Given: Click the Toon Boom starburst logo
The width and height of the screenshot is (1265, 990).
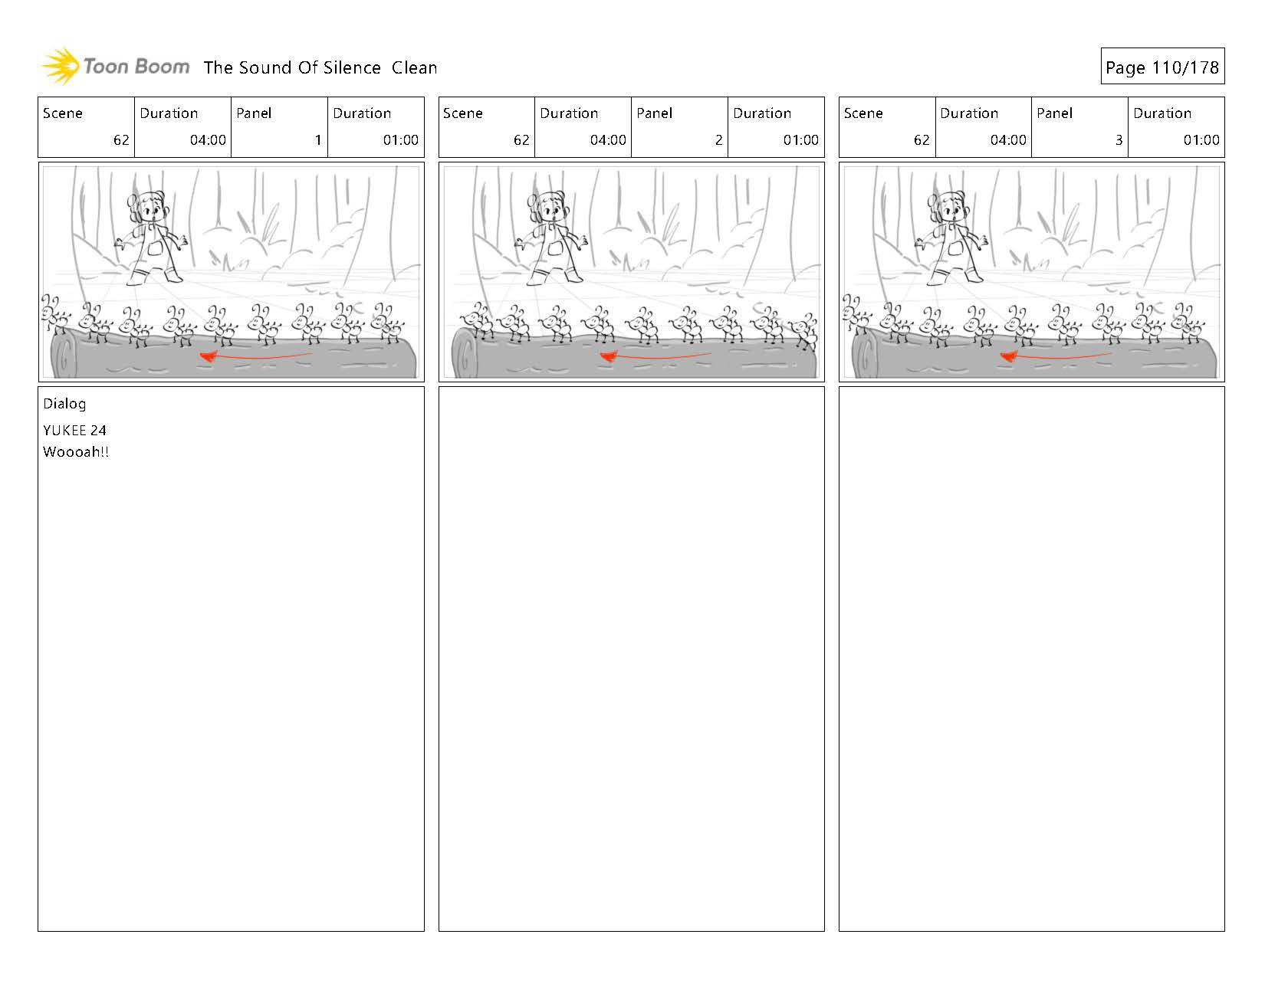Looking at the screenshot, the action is coord(60,66).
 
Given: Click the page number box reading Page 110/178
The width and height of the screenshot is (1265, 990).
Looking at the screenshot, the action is coord(1162,66).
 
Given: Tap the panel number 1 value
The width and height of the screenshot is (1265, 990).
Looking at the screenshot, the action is coord(318,139).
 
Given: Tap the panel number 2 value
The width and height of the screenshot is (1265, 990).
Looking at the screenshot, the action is coord(718,139).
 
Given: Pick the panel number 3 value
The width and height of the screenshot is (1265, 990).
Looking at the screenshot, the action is coord(1119,139).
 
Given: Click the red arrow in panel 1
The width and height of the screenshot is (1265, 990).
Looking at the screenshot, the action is coord(255,356).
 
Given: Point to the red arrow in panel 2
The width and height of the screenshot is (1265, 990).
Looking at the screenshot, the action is coord(655,356).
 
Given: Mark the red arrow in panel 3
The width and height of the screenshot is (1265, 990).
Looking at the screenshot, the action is coord(1056,356).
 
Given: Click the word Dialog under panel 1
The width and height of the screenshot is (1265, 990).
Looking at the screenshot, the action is coord(64,404).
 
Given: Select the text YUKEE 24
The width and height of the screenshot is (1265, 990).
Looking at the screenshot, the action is coord(74,431).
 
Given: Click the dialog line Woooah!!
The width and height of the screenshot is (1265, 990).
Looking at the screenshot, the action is coord(76,452).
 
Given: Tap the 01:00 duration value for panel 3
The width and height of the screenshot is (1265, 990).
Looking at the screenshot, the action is coord(1201,139).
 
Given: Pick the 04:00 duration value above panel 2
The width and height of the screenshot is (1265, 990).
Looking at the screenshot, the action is coord(608,139).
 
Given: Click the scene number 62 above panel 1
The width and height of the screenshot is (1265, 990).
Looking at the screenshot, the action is coord(121,139).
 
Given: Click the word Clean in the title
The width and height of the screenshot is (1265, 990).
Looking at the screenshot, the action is coord(414,67).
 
